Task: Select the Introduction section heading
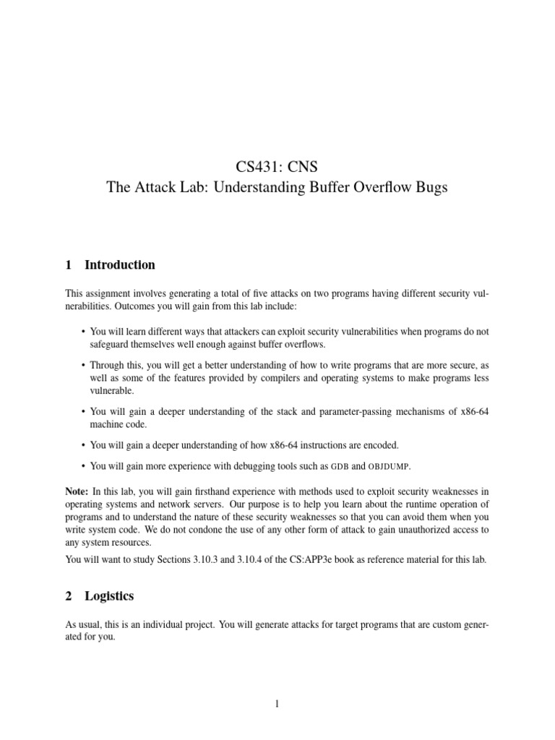[x=119, y=265]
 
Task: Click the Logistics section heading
[x=109, y=597]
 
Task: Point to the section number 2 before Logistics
[x=69, y=597]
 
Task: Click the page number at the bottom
[x=277, y=705]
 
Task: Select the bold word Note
[x=78, y=491]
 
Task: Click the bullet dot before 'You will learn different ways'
[x=83, y=332]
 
